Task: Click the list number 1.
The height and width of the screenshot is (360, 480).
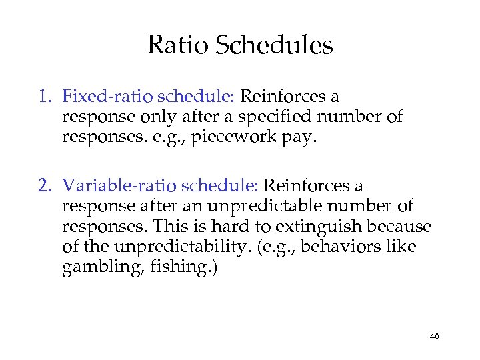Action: point(44,97)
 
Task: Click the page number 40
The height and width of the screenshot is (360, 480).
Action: point(434,337)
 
